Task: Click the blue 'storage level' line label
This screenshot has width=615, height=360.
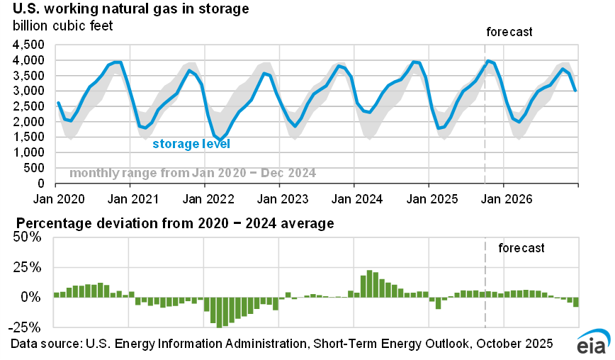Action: pos(191,144)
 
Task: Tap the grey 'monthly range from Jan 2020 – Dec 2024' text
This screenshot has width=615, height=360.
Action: pos(193,173)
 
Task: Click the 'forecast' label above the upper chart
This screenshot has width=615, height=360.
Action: pos(509,32)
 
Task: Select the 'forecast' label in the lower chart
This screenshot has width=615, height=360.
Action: pos(521,248)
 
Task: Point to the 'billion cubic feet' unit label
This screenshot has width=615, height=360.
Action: pos(62,27)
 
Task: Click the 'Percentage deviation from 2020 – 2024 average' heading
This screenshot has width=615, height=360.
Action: pos(172,225)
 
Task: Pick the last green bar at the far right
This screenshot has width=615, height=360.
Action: pos(576,302)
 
